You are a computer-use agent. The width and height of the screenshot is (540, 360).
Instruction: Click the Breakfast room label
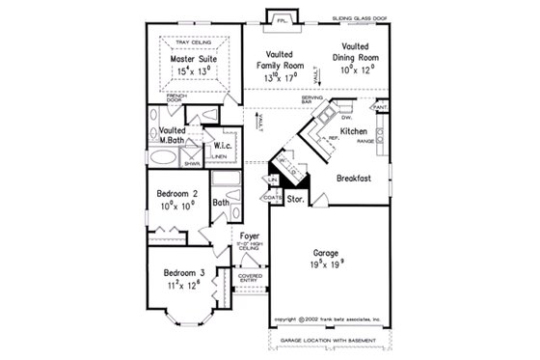tap(355, 178)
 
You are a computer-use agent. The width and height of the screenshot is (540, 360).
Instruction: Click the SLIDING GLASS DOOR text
tap(364, 17)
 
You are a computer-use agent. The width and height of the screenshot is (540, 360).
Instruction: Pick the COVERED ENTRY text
tap(250, 278)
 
